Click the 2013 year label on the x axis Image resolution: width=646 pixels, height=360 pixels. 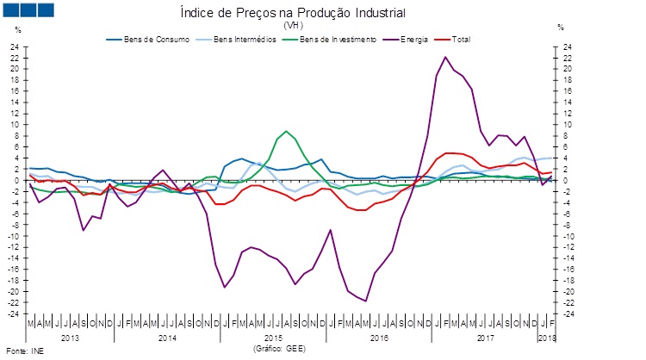point(70,338)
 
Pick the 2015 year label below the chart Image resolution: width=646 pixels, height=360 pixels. point(273,338)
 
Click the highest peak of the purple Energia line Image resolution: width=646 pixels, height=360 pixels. point(445,57)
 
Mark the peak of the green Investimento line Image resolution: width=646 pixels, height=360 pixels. point(286,131)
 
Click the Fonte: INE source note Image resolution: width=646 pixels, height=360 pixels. point(25,352)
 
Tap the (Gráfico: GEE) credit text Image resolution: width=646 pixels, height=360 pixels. point(278,349)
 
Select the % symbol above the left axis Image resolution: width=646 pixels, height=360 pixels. point(18,29)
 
